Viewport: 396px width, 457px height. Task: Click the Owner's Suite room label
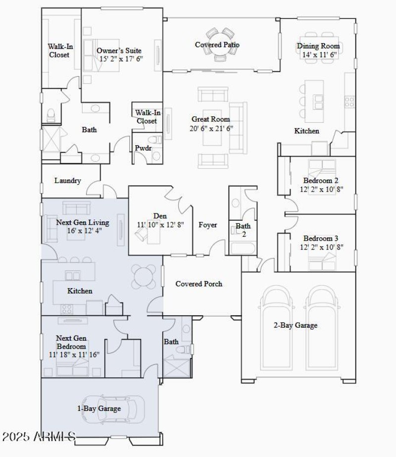pos(119,51)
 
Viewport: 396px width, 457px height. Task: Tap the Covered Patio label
pos(217,45)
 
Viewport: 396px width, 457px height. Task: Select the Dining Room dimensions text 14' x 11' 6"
pos(318,54)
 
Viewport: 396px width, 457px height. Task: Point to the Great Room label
pos(211,119)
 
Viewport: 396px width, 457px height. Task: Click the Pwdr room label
pos(143,148)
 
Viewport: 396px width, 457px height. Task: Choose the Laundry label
pos(67,181)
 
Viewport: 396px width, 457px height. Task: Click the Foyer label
pos(208,225)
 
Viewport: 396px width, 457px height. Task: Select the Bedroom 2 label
pos(321,181)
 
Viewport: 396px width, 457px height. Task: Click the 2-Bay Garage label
pos(296,325)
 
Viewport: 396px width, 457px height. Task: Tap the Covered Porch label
pos(199,284)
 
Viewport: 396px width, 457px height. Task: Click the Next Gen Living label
pos(83,222)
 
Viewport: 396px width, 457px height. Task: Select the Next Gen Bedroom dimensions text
pos(74,355)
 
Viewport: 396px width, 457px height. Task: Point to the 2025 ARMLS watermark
pos(39,437)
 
